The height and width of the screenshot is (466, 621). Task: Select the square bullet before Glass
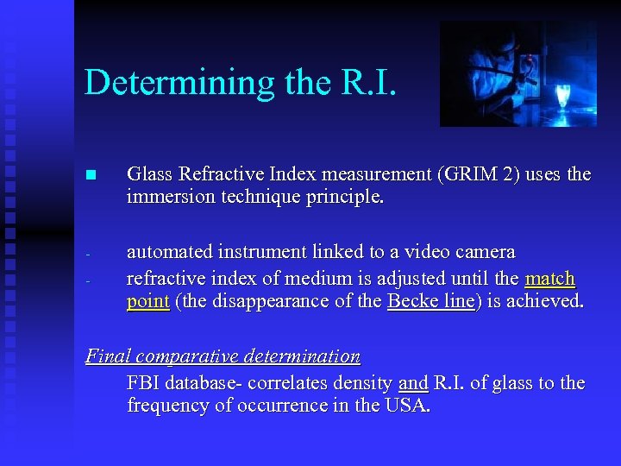tap(91, 175)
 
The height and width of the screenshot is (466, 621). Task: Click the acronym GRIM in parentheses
tap(471, 174)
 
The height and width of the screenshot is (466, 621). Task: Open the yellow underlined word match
tap(549, 278)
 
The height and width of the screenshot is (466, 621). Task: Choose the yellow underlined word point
tap(148, 302)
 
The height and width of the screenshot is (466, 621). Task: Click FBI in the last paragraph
tap(145, 382)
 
